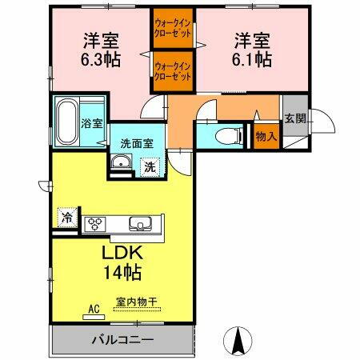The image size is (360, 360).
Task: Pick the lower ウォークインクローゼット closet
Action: [x=173, y=72]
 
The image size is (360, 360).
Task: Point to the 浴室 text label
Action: [x=92, y=124]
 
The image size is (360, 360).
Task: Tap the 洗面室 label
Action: [x=136, y=144]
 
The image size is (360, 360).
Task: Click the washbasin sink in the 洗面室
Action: [x=122, y=166]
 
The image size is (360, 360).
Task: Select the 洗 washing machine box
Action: [x=150, y=166]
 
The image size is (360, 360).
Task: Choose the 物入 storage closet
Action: [x=266, y=137]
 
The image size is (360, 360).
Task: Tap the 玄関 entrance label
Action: [x=294, y=118]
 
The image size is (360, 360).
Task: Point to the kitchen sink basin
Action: [x=136, y=223]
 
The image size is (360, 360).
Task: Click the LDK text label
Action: [x=121, y=253]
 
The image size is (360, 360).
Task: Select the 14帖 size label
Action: [x=122, y=273]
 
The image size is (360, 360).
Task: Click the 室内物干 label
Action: [x=136, y=302]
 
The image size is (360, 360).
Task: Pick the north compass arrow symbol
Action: [x=238, y=342]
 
